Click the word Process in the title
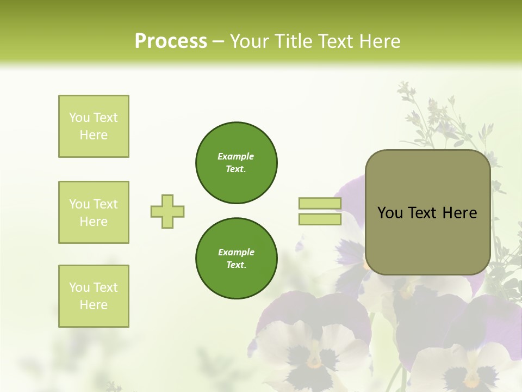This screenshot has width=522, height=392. click(171, 41)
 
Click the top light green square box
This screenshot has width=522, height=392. click(94, 126)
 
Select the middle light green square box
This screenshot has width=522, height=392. click(94, 212)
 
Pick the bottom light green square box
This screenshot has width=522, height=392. click(94, 296)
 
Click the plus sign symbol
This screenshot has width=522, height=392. click(167, 211)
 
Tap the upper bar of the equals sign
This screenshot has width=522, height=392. click(320, 204)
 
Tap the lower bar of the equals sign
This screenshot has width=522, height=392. click(320, 219)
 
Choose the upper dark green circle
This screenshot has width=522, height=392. click(236, 162)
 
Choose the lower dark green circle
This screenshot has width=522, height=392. click(236, 258)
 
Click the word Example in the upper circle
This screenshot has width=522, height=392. click(236, 156)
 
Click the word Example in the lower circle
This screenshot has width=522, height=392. click(236, 252)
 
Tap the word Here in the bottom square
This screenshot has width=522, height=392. click(94, 305)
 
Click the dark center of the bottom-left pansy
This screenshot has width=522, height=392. click(313, 359)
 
